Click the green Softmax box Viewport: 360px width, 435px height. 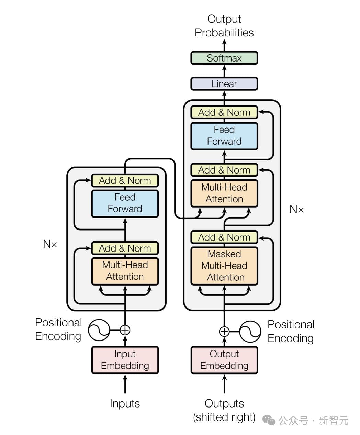224,58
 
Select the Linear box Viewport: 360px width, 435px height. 224,84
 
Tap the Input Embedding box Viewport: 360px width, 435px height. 125,360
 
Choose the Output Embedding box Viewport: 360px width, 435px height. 224,360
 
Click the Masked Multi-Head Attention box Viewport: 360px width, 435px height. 224,266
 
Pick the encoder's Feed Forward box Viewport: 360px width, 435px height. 125,203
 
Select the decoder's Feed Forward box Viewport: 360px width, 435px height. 224,136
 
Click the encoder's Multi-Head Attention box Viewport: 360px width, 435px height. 125,271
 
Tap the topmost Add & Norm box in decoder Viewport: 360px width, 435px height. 224,112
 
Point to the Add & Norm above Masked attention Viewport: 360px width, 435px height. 224,237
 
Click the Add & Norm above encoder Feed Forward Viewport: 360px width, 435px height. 125,180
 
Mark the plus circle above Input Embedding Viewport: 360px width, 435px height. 125,330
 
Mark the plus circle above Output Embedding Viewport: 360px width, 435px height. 224,332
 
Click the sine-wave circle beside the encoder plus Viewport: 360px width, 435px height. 99,330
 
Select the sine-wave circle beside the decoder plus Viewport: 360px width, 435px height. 250,332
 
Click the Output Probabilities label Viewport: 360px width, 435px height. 224,26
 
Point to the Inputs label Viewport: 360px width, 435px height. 125,403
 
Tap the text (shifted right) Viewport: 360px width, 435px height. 224,417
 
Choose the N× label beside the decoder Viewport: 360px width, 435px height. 296,209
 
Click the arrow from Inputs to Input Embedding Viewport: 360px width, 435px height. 125,384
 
